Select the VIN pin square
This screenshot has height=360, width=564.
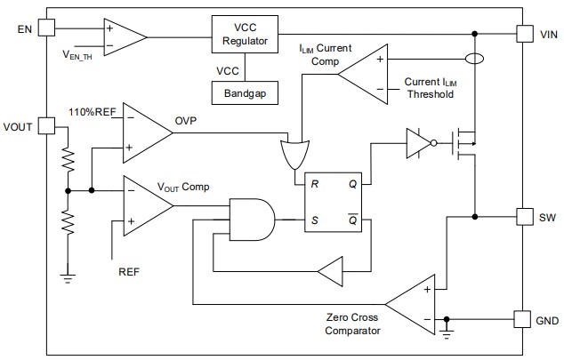coord(524,34)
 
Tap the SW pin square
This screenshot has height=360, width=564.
coord(524,216)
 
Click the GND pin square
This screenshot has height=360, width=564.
coord(524,318)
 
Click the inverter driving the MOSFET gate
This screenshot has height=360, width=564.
coord(417,142)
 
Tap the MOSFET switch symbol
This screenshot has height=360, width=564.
coord(463,142)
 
